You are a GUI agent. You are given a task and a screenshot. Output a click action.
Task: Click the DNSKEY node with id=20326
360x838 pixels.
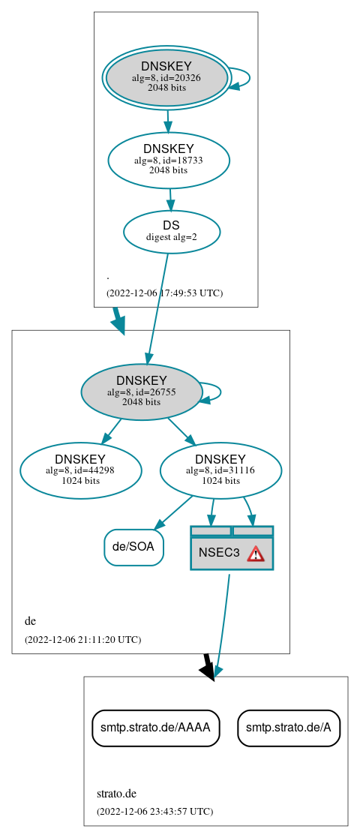(x=166, y=77)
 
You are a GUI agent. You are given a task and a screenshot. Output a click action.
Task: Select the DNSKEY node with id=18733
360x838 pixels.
(x=169, y=160)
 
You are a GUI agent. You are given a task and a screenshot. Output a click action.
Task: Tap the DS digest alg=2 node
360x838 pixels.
(x=172, y=231)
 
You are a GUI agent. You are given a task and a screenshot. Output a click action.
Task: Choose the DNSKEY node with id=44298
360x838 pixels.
(x=80, y=470)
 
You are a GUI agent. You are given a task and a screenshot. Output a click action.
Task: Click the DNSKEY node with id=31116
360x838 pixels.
(x=220, y=470)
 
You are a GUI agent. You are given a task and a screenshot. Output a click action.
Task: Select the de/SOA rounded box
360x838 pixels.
(x=133, y=547)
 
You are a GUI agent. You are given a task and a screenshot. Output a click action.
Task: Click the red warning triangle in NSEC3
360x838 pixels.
(x=256, y=554)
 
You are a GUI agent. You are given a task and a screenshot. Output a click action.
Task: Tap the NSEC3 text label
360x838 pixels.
(x=219, y=553)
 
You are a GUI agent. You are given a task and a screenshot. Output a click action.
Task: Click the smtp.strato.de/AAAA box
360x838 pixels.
(x=156, y=727)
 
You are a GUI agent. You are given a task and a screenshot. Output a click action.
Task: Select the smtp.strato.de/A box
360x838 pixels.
(x=289, y=727)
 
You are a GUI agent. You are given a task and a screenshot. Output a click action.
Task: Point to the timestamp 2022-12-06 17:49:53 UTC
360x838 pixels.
(x=164, y=293)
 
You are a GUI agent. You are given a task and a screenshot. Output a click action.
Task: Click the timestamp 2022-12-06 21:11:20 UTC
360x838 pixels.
(x=82, y=639)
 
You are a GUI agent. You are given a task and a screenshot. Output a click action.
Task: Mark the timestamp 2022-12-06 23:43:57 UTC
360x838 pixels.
(x=154, y=811)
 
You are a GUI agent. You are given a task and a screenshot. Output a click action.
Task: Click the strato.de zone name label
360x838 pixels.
(x=116, y=793)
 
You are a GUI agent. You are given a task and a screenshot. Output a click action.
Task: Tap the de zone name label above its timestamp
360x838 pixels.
(x=30, y=621)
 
